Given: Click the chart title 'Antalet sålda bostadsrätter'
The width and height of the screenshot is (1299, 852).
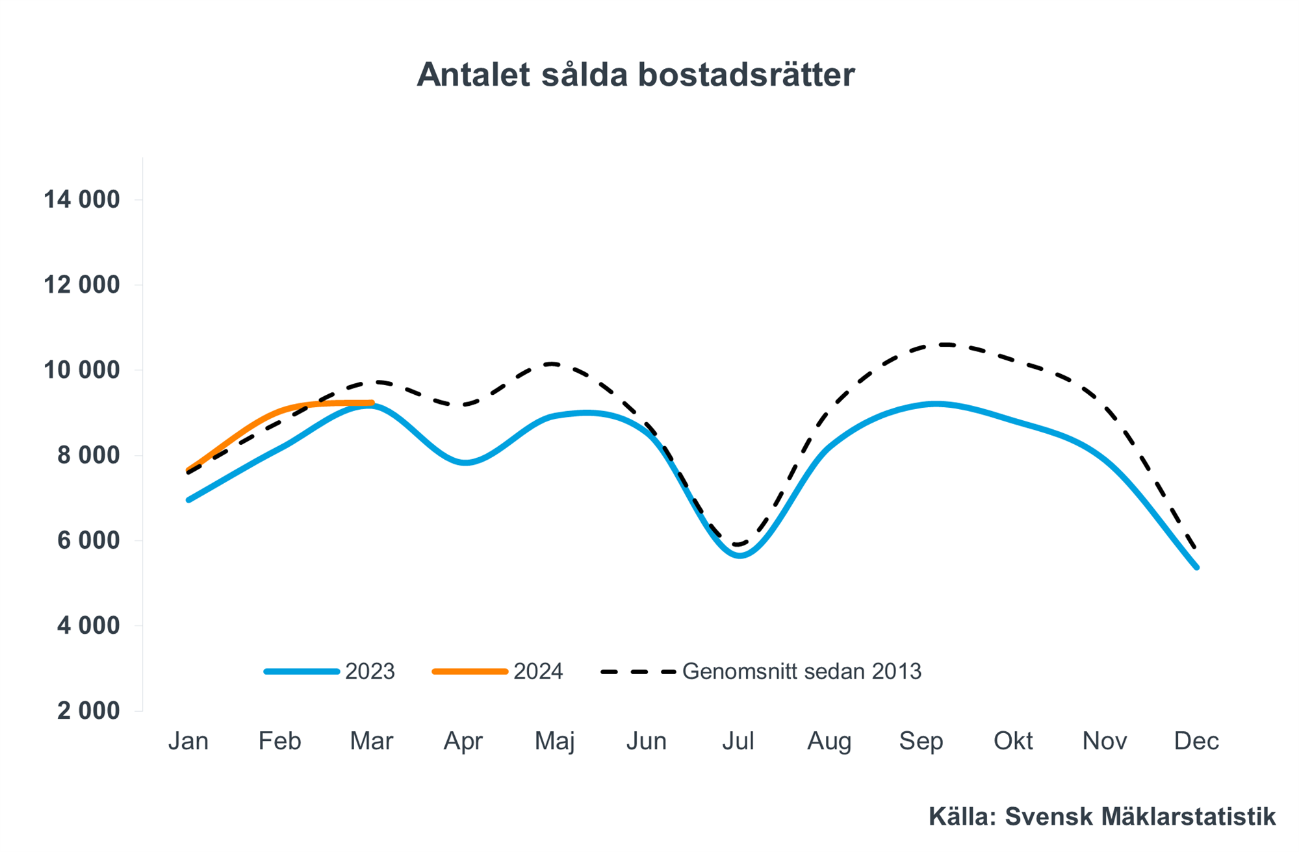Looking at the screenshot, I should pyautogui.click(x=636, y=75).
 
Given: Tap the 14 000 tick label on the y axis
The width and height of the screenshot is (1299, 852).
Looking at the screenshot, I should pyautogui.click(x=82, y=199).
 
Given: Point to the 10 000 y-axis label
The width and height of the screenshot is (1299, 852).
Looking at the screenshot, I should pyautogui.click(x=82, y=370).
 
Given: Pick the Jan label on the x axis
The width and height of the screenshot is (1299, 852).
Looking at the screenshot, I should pyautogui.click(x=188, y=741).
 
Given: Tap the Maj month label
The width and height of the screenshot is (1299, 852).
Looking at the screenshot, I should pyautogui.click(x=554, y=741).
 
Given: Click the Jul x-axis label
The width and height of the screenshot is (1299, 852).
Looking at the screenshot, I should pyautogui.click(x=738, y=741).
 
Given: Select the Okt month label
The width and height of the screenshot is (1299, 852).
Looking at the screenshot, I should pyautogui.click(x=1012, y=741).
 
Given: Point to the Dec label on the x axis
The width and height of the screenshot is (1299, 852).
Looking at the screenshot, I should pyautogui.click(x=1196, y=741).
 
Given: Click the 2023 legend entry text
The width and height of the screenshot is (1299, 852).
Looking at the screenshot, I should pyautogui.click(x=370, y=671).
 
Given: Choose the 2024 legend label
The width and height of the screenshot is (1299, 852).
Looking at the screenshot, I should pyautogui.click(x=538, y=671).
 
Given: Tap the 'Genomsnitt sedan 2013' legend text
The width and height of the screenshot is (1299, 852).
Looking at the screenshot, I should pyautogui.click(x=801, y=671).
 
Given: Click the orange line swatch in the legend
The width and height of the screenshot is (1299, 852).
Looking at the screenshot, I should pyautogui.click(x=470, y=671).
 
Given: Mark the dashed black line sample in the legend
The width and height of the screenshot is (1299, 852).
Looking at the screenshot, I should pyautogui.click(x=638, y=671).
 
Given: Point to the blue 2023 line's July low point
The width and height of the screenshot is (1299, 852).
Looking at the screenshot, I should pyautogui.click(x=740, y=555).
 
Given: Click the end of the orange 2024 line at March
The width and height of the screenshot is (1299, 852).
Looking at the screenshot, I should pyautogui.click(x=372, y=403).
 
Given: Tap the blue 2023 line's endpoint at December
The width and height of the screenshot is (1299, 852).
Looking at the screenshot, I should pyautogui.click(x=1196, y=567).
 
